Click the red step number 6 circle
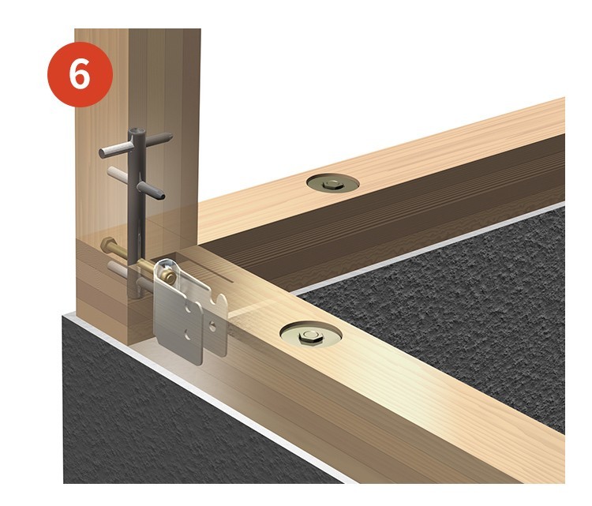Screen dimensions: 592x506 (80, 74)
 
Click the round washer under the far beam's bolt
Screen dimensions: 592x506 (332, 184)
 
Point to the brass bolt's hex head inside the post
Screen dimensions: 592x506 (110, 245)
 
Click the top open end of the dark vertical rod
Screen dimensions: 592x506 (137, 133)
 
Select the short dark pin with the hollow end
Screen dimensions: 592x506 (151, 190)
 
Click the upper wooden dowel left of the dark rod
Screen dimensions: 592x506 (118, 175)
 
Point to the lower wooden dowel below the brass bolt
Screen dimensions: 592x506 (119, 269)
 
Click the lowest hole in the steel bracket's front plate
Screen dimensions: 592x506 (187, 334)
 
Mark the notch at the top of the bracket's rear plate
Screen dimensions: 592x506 (217, 301)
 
